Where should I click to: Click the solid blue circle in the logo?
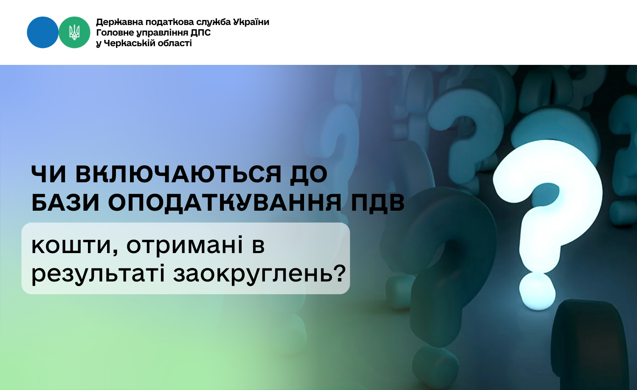(42, 32)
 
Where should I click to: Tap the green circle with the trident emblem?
(74, 32)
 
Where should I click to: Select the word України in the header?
(251, 22)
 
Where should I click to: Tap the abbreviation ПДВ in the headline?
(378, 203)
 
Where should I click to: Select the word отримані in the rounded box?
(185, 245)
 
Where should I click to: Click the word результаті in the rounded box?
(98, 274)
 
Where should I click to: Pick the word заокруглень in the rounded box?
(253, 274)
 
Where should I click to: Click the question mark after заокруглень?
(339, 273)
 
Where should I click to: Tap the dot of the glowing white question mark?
(537, 291)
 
